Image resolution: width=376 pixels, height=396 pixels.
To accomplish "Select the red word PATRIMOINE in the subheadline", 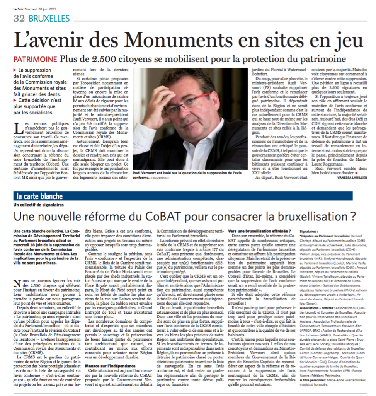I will click(x=35, y=60).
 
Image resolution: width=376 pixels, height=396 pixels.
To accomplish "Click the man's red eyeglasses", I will click(x=193, y=98).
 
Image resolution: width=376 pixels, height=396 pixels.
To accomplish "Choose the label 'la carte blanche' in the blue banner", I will click(x=38, y=196).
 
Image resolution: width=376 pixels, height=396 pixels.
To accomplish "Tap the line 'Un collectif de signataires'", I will click(x=38, y=204).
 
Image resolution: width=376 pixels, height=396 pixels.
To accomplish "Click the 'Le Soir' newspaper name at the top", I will click(x=19, y=4).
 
